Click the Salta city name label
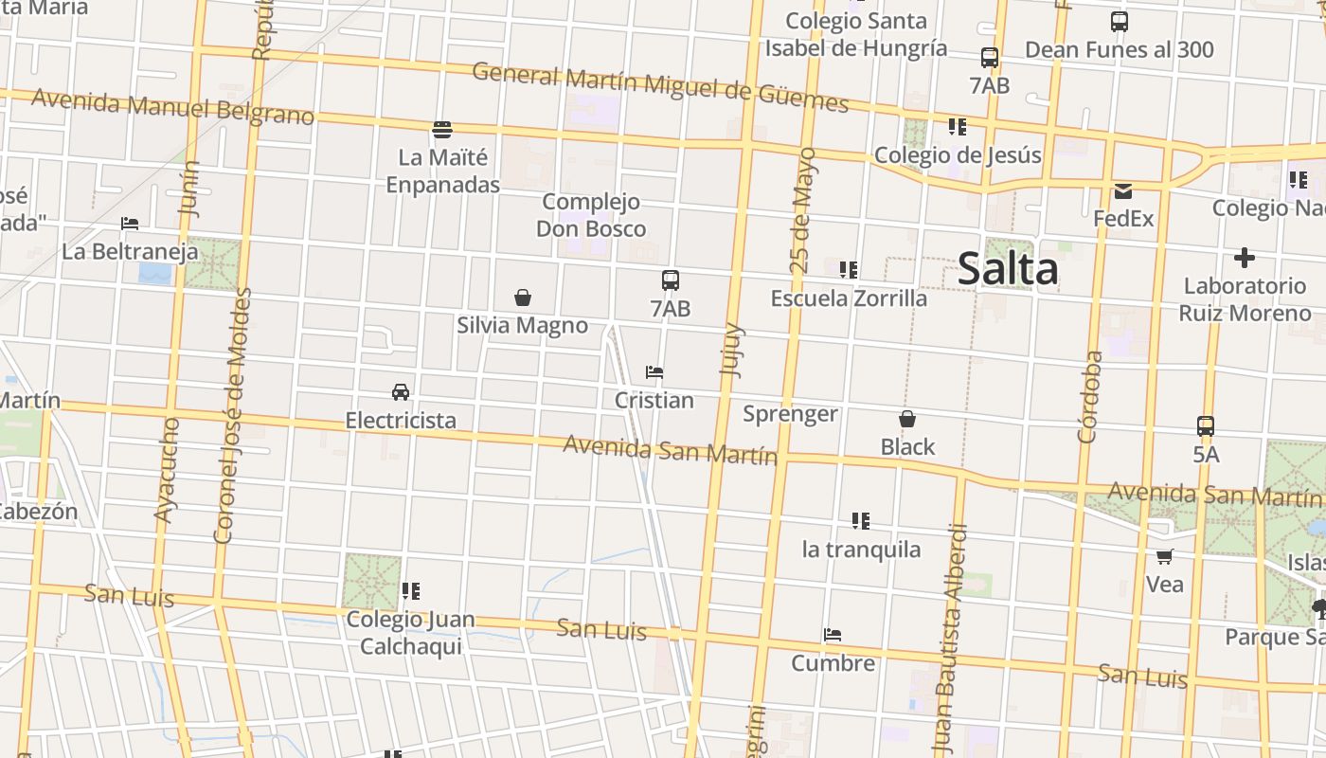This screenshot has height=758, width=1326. coord(1008,269)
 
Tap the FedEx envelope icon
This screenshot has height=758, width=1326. coord(1122,191)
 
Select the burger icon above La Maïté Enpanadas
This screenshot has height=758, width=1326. coord(442,130)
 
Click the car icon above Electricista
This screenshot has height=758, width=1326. coord(401,392)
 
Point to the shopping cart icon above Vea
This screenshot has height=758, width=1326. coord(1164,556)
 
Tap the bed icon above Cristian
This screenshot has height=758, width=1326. coord(654,372)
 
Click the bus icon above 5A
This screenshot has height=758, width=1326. coord(1205,426)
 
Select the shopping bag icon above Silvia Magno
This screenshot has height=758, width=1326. coord(522,298)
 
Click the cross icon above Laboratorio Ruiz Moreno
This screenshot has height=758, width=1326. coord(1244,258)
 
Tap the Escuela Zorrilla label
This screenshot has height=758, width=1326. coord(849,298)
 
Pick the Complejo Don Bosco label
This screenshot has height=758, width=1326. coord(591,215)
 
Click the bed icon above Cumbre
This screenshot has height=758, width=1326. coord(833,635)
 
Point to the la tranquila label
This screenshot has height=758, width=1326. coord(861,550)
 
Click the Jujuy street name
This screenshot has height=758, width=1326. coord(732,351)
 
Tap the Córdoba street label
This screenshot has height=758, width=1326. coord(1090,397)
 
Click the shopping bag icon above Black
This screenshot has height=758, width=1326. coord(906,419)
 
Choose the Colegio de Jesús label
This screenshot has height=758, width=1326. coord(958,154)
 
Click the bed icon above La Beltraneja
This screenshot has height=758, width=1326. coord(130,224)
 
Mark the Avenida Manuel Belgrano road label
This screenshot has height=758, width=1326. coord(172,106)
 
